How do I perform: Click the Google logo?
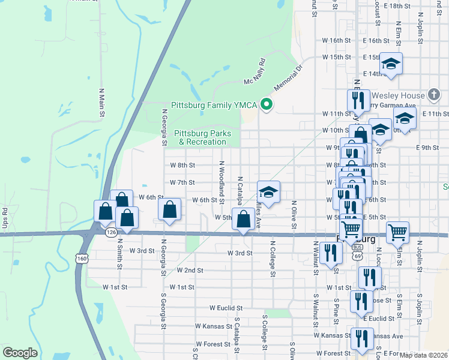(x=20, y=353)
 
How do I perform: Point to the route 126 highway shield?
(x=110, y=232)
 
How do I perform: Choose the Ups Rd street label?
(x=4, y=218)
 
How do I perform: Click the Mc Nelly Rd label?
(x=255, y=73)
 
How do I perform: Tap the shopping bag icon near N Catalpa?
(x=244, y=218)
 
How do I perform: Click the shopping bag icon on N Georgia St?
(x=170, y=209)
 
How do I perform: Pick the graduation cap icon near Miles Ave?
(x=269, y=191)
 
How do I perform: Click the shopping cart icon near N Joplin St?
(x=397, y=231)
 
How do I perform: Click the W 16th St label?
(x=337, y=40)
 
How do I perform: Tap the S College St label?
(x=264, y=327)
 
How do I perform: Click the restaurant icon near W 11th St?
(x=358, y=99)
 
